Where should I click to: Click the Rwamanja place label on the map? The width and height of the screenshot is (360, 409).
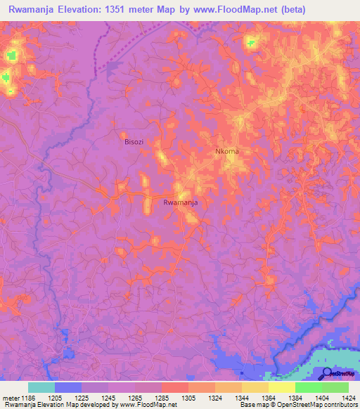pyautogui.click(x=179, y=202)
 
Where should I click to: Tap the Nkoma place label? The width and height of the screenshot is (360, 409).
pyautogui.click(x=228, y=151)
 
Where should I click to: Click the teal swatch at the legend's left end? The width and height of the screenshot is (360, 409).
pyautogui.click(x=41, y=387)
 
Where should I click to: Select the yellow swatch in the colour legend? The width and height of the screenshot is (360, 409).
pyautogui.click(x=281, y=387)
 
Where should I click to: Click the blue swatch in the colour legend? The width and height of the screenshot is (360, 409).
pyautogui.click(x=68, y=387)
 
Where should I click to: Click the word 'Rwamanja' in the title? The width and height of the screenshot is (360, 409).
pyautogui.click(x=32, y=11)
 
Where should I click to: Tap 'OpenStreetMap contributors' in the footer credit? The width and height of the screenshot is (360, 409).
pyautogui.click(x=318, y=405)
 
